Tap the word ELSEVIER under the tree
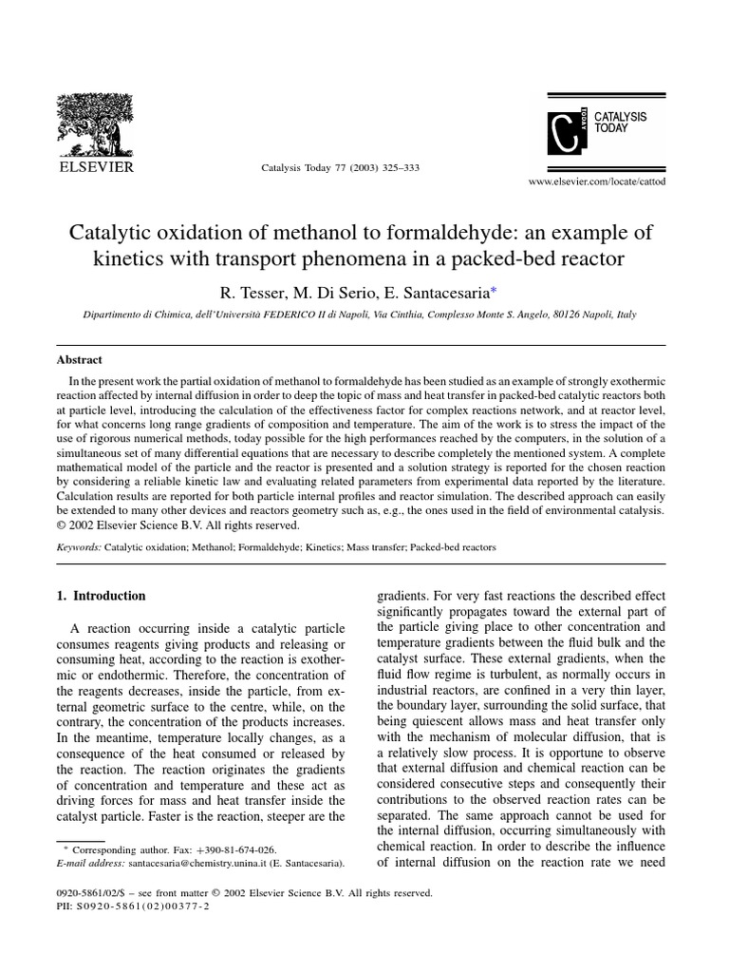[100, 167]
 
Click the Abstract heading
[81, 360]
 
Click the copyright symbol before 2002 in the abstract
[64, 525]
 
